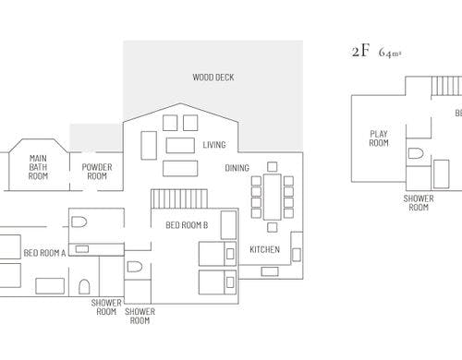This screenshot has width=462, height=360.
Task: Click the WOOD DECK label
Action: tap(213, 78)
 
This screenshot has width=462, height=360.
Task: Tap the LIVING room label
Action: tap(214, 145)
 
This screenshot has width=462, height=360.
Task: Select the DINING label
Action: tap(237, 168)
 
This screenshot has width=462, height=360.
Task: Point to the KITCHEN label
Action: tap(264, 249)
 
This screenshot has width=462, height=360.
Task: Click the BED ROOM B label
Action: tap(187, 225)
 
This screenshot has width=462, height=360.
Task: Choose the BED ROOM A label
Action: tap(44, 253)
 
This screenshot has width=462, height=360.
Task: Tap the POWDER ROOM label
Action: tap(97, 172)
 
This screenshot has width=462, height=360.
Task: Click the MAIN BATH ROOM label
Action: tap(38, 167)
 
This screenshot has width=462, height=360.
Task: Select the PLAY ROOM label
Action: tap(379, 138)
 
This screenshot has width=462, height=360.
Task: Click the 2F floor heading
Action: tap(360, 51)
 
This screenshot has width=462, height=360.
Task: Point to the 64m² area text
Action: tap(390, 53)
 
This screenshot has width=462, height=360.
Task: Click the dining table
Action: tap(273, 197)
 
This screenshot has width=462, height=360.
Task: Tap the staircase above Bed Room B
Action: tap(179, 198)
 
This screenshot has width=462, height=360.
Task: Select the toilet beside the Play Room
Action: tap(416, 153)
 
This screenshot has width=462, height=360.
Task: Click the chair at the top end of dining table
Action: tap(272, 167)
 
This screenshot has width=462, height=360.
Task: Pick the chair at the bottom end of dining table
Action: tap(272, 227)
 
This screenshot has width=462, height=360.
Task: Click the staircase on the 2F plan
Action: tap(446, 86)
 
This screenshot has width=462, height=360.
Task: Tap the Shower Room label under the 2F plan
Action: tap(419, 203)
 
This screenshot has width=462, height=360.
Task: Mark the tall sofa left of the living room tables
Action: tap(149, 145)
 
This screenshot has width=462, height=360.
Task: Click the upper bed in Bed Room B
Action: tap(217, 254)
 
